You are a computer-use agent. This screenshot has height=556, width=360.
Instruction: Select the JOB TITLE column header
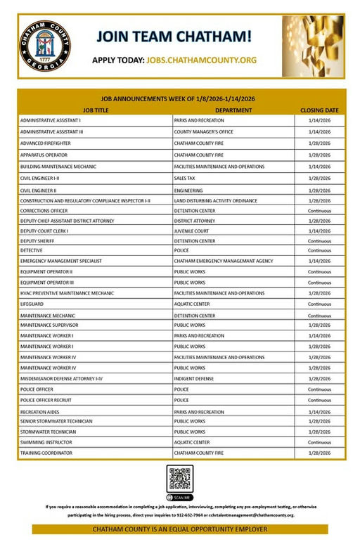(x=96, y=110)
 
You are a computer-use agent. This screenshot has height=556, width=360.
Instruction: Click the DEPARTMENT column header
(x=233, y=110)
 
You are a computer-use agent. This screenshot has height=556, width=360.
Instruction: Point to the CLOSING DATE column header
(x=319, y=110)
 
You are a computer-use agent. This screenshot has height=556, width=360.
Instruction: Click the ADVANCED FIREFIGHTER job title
(x=48, y=143)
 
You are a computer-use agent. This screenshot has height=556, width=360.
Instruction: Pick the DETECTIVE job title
(x=32, y=250)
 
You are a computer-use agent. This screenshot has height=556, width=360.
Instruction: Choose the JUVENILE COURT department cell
(x=193, y=231)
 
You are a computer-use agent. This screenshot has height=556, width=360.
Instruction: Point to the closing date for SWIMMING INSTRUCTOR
(x=319, y=442)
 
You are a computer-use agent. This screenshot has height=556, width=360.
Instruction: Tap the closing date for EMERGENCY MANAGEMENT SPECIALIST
(x=319, y=261)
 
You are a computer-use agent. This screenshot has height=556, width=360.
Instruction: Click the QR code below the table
(x=180, y=479)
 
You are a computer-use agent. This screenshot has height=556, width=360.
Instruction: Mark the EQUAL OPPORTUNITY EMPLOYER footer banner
(x=180, y=529)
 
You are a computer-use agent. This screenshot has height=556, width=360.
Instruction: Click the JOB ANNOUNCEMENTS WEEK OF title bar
(x=180, y=99)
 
